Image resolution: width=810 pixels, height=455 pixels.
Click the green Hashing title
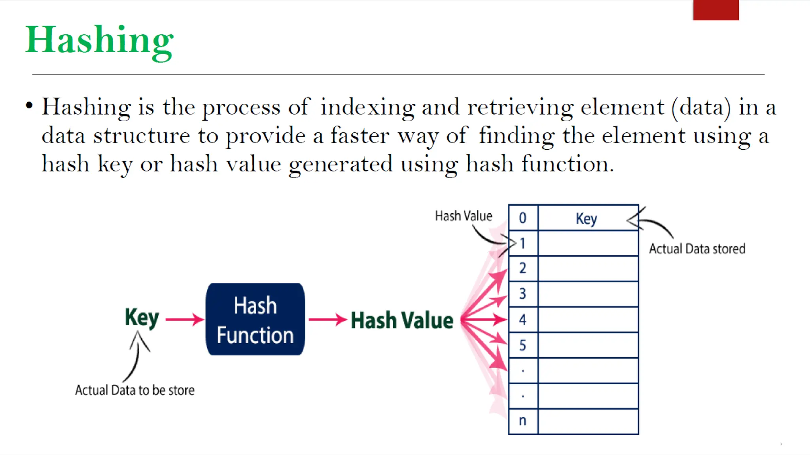(99, 41)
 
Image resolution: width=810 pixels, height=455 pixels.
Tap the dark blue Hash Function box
(255, 320)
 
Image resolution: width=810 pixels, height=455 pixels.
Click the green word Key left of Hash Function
(142, 318)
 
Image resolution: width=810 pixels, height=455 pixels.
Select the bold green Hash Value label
(402, 320)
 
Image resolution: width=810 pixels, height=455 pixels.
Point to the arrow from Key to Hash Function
(184, 319)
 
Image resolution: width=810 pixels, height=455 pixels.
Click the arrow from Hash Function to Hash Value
(327, 319)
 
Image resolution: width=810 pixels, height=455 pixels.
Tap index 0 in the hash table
(522, 218)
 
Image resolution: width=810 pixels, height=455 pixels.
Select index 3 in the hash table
(522, 294)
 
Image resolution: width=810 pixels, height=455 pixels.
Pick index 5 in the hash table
(522, 346)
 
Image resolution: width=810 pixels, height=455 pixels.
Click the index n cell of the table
(522, 421)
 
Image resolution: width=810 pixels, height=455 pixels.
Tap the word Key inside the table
(586, 219)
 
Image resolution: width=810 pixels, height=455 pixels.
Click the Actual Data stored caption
(697, 249)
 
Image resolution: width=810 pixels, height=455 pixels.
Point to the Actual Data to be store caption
(134, 390)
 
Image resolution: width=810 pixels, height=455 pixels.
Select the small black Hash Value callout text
(464, 216)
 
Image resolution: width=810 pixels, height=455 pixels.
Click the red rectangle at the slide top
(716, 10)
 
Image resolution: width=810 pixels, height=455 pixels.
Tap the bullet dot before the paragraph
(29, 106)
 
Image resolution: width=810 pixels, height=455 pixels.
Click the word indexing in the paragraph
(367, 107)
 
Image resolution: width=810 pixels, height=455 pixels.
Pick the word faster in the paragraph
(360, 136)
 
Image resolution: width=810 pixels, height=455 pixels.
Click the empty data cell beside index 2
(588, 269)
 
